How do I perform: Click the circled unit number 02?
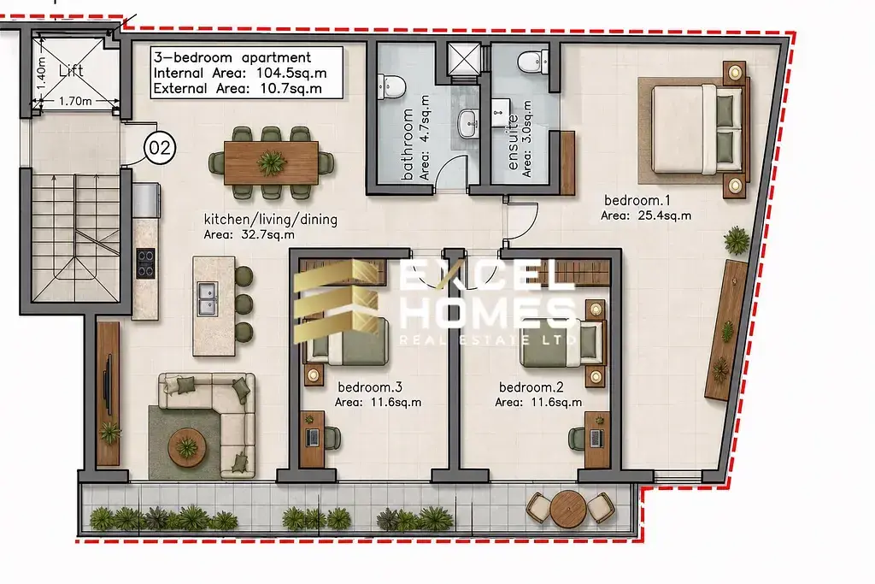coord(160,148)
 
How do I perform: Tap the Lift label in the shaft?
coord(71,70)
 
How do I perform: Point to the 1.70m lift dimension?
coord(75,101)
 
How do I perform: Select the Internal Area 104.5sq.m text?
coord(240,74)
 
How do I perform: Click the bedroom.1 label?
coord(637,200)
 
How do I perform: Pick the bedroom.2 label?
coord(531,387)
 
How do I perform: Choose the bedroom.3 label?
coord(370,387)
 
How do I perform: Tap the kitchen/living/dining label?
coord(271,220)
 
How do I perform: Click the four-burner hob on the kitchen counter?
coord(145,263)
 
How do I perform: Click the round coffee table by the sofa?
coord(186,447)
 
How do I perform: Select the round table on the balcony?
coord(568,508)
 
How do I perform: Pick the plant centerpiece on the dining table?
coord(271,163)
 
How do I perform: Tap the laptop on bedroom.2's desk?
coord(596,439)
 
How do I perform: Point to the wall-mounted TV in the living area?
coord(109,385)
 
